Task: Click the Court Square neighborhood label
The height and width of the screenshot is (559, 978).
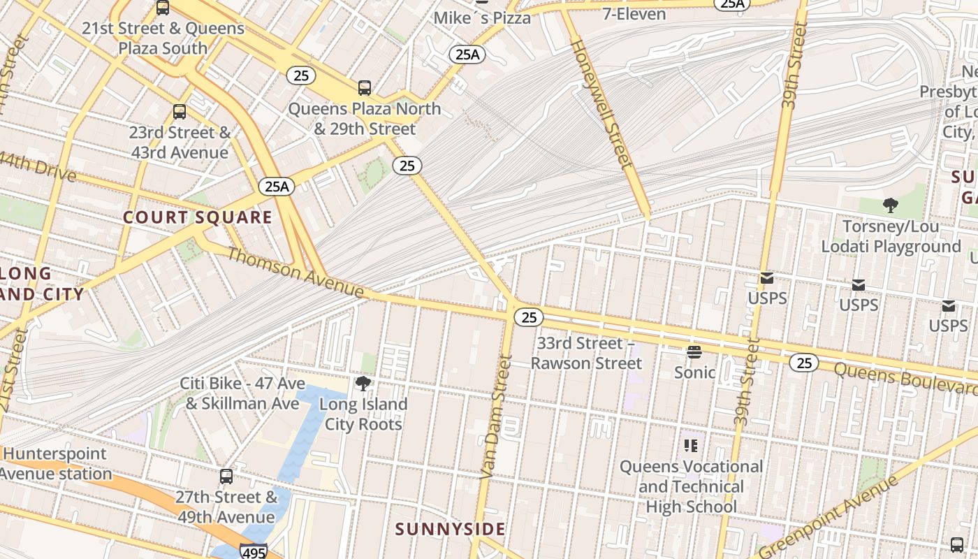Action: [x=198, y=217]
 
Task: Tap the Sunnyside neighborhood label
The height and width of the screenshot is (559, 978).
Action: [x=450, y=529]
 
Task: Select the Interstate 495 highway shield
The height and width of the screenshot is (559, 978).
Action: [x=252, y=551]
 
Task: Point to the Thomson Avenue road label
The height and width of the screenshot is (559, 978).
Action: [x=295, y=272]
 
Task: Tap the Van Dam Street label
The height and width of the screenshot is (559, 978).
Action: [x=497, y=417]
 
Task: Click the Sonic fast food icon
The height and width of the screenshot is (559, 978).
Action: [x=694, y=351]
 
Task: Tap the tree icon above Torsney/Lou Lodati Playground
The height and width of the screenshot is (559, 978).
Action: [x=890, y=205]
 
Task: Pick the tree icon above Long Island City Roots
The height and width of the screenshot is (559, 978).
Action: [x=363, y=383]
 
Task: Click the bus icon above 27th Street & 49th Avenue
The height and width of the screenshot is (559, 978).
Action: [x=226, y=477]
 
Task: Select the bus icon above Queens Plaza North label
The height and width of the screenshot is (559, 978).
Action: [x=365, y=88]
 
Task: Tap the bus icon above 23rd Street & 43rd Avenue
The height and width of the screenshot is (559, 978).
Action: [x=180, y=112]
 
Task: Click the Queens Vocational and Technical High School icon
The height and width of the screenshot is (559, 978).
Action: [x=691, y=445]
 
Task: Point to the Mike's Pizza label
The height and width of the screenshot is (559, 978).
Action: [x=482, y=17]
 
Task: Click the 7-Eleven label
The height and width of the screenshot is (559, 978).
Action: [x=634, y=13]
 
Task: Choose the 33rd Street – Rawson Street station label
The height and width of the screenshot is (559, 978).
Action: [x=585, y=353]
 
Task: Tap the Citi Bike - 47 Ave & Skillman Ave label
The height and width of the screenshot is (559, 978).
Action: [x=242, y=393]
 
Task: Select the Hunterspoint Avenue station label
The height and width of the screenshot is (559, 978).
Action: [x=56, y=463]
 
